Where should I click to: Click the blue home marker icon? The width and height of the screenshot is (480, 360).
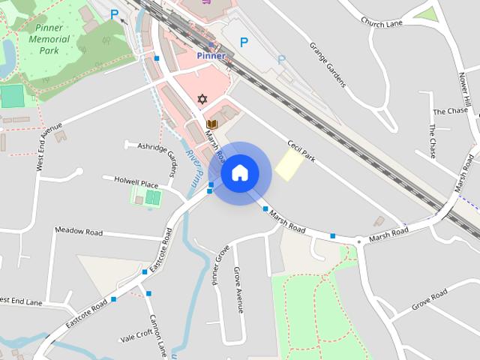pyautogui.click(x=239, y=173)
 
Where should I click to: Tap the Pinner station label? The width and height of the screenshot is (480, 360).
pyautogui.click(x=211, y=55)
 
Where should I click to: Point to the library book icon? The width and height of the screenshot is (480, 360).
pyautogui.click(x=212, y=124)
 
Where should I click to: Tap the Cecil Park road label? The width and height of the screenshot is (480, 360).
pyautogui.click(x=299, y=148)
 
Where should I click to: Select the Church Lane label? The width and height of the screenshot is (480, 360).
pyautogui.click(x=382, y=22)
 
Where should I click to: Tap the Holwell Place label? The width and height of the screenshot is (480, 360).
pyautogui.click(x=136, y=182)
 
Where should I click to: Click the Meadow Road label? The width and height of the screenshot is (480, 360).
pyautogui.click(x=78, y=232)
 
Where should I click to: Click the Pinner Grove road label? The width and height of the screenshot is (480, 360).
pyautogui.click(x=219, y=265)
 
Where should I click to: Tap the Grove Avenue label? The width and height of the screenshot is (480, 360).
pyautogui.click(x=238, y=285)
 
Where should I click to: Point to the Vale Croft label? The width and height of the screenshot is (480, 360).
pyautogui.click(x=136, y=335)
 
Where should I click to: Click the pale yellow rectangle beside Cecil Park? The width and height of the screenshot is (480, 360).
pyautogui.click(x=288, y=163)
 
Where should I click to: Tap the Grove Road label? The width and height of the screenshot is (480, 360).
pyautogui.click(x=429, y=298)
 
